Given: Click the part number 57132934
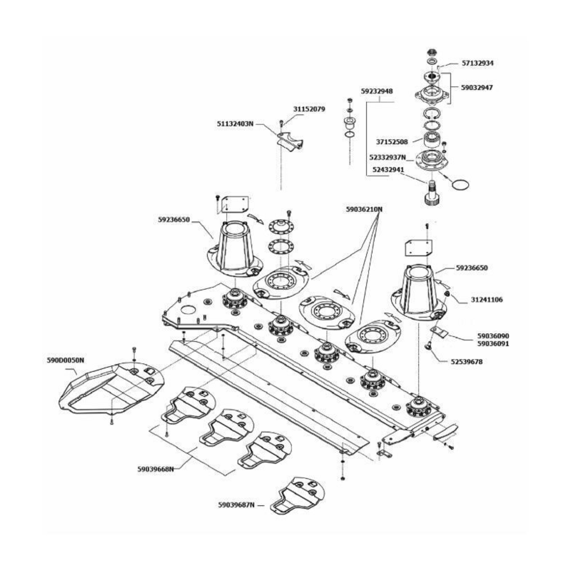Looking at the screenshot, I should tap(478, 63).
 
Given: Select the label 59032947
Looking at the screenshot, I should tap(477, 88).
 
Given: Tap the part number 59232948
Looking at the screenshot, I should tap(377, 91).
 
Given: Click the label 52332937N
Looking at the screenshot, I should tap(388, 157).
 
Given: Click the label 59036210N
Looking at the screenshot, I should tap(364, 210).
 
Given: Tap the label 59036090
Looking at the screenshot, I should tap(492, 335).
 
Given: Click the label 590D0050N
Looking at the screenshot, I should tap(66, 360).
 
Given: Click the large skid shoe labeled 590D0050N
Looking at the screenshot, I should tap(107, 389).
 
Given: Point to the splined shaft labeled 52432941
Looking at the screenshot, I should tap(432, 193).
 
